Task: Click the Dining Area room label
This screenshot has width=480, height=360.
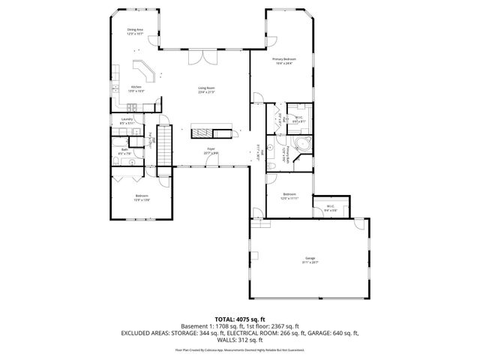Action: coord(134,31)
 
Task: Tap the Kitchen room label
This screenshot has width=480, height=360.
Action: coord(136,88)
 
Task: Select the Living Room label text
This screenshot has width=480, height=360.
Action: coord(206,90)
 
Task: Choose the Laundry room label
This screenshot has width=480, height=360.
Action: coord(127,121)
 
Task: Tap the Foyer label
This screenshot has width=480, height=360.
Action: coord(211,151)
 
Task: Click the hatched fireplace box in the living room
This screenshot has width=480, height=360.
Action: coord(202,133)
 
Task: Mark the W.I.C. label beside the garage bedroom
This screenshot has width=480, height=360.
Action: coord(330,208)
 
